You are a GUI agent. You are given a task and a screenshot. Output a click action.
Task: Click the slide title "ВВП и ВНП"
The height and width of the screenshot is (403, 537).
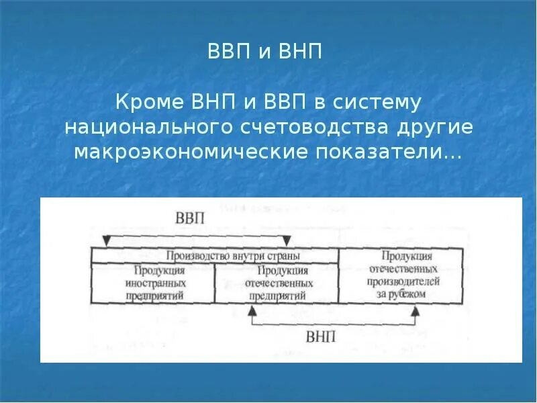(x=268, y=52)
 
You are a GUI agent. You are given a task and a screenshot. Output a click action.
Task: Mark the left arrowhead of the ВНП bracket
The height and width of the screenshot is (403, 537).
(x=252, y=310)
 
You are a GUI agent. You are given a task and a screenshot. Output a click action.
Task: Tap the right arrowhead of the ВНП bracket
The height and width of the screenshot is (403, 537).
(x=416, y=310)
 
